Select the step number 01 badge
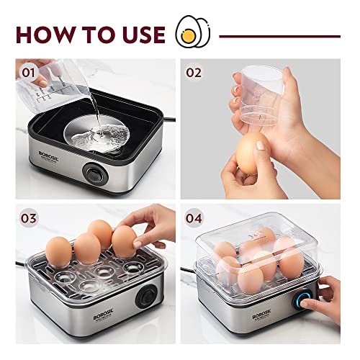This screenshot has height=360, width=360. [29, 73]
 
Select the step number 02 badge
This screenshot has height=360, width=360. [194, 73]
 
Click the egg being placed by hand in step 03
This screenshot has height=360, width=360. [124, 241]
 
